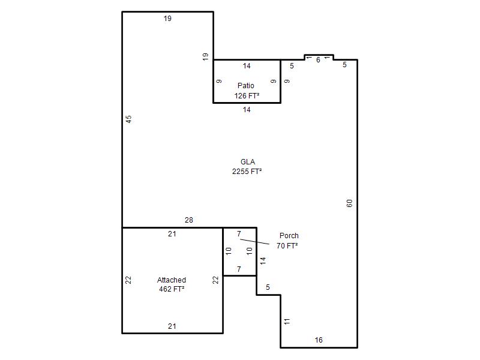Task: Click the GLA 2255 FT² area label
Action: pyautogui.click(x=247, y=167)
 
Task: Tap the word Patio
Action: pyautogui.click(x=246, y=85)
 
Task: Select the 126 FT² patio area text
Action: pyautogui.click(x=247, y=96)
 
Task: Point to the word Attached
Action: pyautogui.click(x=172, y=280)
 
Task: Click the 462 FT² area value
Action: pyautogui.click(x=172, y=289)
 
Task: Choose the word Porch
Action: pyautogui.click(x=289, y=235)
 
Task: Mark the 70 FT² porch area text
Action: pyautogui.click(x=287, y=245)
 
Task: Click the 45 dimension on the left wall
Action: pyautogui.click(x=129, y=119)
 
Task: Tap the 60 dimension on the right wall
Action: pyautogui.click(x=350, y=203)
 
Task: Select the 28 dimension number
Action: pyautogui.click(x=189, y=220)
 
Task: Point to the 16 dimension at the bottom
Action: pyautogui.click(x=319, y=340)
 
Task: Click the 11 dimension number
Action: pyautogui.click(x=287, y=322)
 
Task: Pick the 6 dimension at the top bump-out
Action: pyautogui.click(x=319, y=60)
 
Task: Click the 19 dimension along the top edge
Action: pyautogui.click(x=167, y=19)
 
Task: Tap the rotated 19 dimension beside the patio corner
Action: pyautogui.click(x=205, y=56)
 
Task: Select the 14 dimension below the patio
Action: pyautogui.click(x=247, y=110)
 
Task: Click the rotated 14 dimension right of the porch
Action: pyautogui.click(x=263, y=261)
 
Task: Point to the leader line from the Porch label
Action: pyautogui.click(x=254, y=242)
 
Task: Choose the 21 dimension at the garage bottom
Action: pyautogui.click(x=172, y=326)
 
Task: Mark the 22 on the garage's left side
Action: pyautogui.click(x=128, y=280)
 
